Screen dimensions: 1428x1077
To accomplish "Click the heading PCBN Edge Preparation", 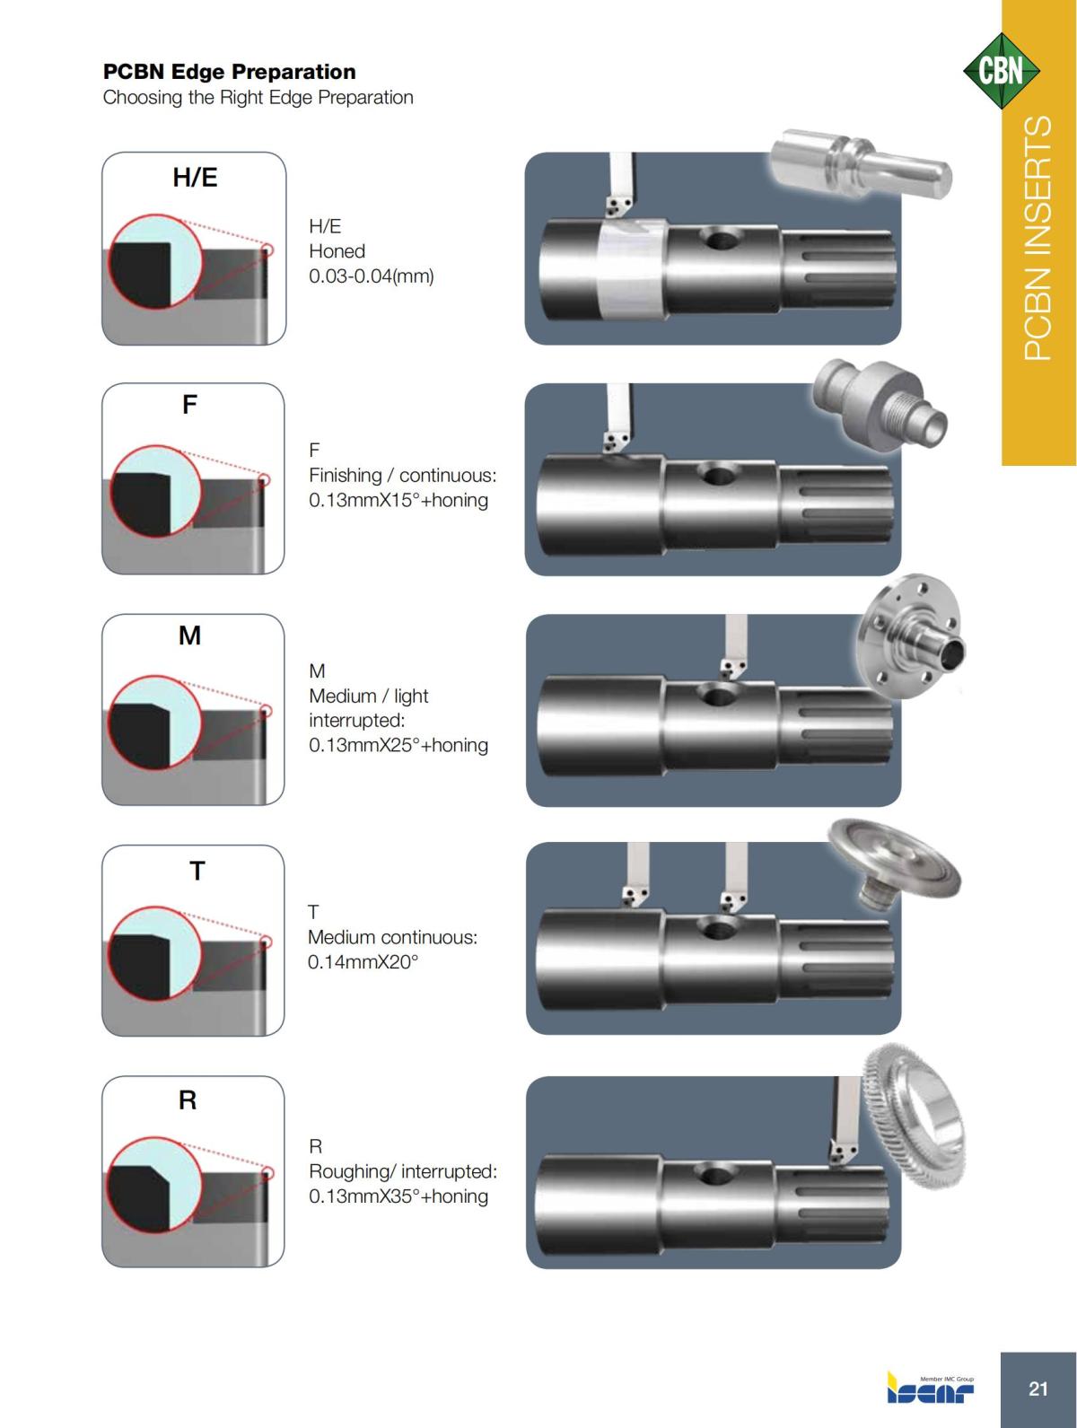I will [x=229, y=72].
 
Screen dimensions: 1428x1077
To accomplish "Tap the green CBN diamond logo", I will [x=1001, y=71].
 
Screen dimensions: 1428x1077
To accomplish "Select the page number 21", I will [x=1038, y=1389].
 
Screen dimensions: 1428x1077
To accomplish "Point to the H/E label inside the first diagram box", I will [x=195, y=178].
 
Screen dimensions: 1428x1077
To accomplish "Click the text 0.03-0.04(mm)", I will [x=371, y=276].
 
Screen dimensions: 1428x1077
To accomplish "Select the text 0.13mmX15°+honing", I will [x=398, y=500].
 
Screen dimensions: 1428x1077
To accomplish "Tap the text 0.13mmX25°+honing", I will [x=398, y=745].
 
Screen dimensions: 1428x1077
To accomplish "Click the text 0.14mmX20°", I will [x=363, y=962].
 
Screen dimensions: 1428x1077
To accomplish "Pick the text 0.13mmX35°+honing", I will [x=398, y=1196].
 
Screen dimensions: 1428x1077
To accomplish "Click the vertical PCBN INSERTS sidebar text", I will [x=1038, y=238].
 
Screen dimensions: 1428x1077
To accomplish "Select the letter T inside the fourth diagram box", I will [x=197, y=870].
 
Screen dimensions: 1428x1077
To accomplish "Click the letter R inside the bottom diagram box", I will [x=188, y=1099].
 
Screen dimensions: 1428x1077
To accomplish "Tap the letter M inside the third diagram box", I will [x=189, y=636].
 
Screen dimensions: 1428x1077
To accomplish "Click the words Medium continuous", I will [x=392, y=937].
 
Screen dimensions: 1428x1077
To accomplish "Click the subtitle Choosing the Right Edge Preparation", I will [x=258, y=97].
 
